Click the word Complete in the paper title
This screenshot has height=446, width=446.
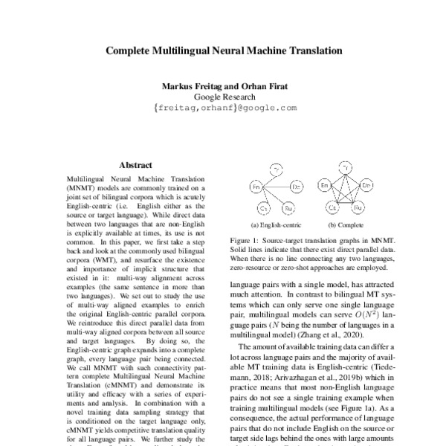(129, 53)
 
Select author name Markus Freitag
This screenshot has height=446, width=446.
(191, 86)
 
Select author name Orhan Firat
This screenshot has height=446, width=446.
(265, 86)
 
